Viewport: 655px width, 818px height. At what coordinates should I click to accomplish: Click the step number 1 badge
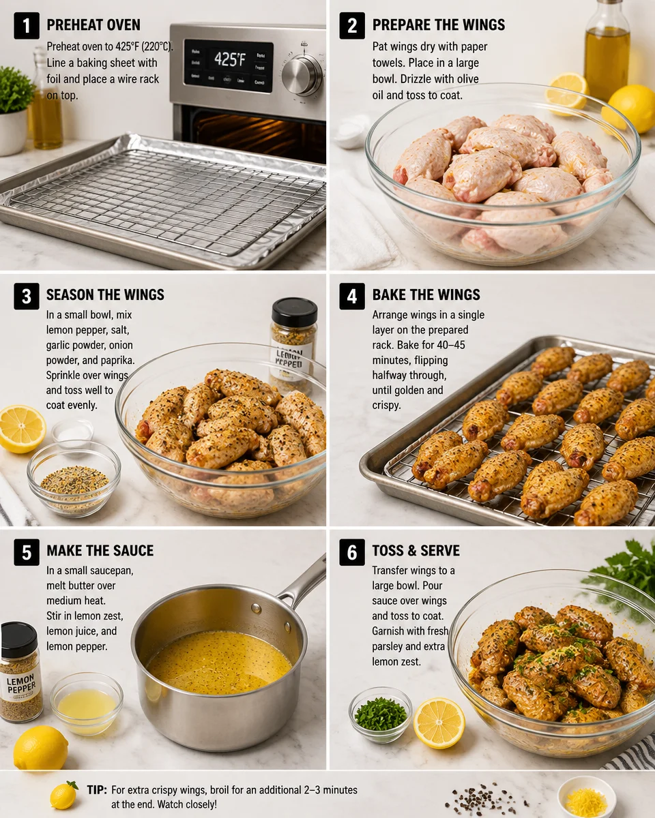26,26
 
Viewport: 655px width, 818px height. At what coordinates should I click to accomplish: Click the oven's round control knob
302,74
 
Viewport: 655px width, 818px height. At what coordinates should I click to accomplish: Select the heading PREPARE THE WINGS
439,26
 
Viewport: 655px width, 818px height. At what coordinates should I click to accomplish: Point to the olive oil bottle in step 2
606,51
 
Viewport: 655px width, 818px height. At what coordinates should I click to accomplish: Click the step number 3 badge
26,296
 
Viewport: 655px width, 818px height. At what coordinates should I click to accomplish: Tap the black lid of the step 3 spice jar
294,312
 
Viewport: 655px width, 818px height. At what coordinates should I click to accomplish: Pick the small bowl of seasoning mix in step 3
74,477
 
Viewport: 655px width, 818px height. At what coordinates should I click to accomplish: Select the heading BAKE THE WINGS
426,296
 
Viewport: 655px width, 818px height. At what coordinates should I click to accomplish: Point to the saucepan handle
305,581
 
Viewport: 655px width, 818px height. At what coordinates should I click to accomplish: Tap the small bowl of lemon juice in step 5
86,703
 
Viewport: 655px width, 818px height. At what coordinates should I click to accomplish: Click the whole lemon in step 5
40,748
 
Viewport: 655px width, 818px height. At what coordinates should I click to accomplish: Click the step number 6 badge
352,551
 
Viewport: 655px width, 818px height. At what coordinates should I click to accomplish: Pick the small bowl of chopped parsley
380,714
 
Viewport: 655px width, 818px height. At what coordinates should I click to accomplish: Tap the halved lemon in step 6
439,723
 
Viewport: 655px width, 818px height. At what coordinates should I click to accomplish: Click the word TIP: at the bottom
96,790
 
